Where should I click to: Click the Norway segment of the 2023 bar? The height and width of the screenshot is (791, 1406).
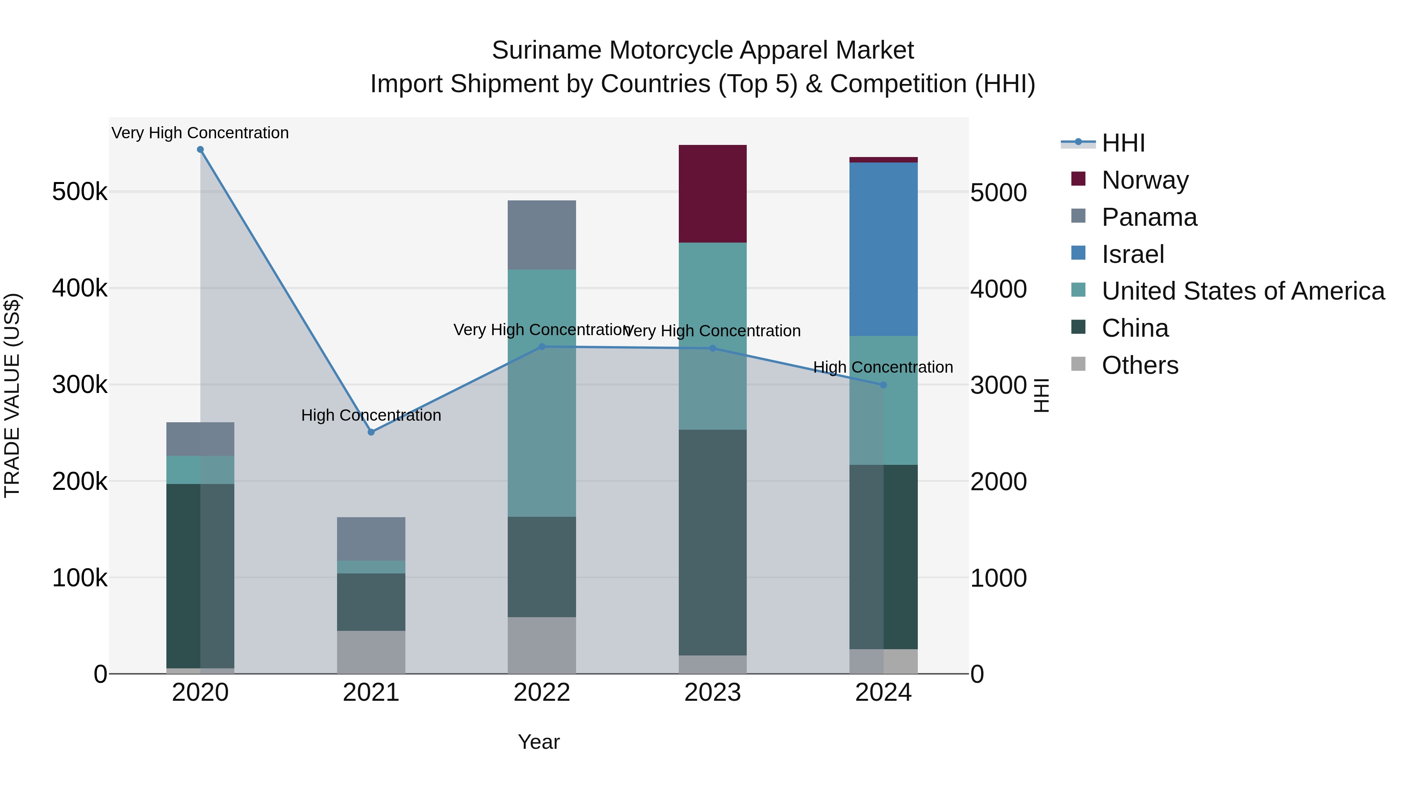pos(712,194)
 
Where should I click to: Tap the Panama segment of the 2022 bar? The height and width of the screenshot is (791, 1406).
pos(541,235)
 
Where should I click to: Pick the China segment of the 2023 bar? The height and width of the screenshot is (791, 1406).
pos(712,542)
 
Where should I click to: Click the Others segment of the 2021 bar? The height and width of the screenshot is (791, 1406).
pos(371,652)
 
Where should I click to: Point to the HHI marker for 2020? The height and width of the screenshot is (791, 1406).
pos(200,150)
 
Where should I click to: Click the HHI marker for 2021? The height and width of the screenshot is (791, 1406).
pos(371,432)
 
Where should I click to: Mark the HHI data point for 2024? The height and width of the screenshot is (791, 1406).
pos(883,385)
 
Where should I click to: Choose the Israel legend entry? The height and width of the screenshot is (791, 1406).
pos(1133,254)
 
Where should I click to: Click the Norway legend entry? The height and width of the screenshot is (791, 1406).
pos(1145,180)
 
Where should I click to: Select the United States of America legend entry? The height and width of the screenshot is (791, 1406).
pos(1243,291)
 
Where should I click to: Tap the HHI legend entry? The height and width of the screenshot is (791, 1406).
pos(1123,143)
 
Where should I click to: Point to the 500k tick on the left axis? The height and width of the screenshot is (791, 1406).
pos(80,192)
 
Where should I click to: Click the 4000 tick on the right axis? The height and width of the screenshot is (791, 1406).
pos(998,289)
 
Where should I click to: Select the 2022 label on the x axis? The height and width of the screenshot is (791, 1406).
pos(541,693)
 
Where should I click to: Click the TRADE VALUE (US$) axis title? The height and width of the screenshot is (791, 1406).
pos(12,395)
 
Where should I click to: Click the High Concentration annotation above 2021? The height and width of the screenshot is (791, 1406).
pos(371,416)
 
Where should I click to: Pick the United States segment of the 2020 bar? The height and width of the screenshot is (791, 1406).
pos(200,470)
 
